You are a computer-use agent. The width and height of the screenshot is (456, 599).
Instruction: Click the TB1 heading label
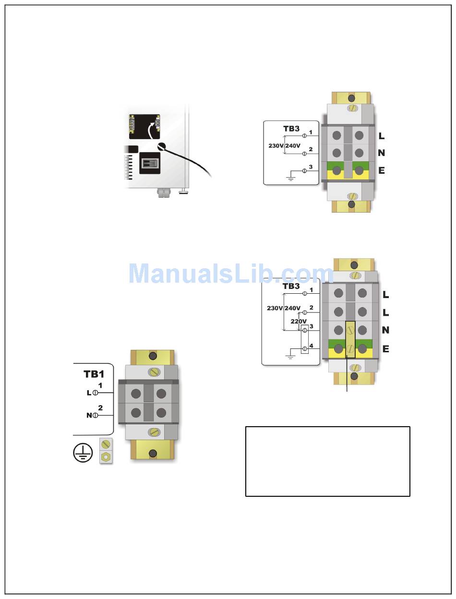[94, 374]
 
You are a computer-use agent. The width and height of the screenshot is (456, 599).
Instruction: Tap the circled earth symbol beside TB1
[83, 452]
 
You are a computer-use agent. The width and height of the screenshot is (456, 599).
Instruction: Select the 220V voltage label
[299, 321]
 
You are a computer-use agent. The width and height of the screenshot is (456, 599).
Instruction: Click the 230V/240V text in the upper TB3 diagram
[284, 146]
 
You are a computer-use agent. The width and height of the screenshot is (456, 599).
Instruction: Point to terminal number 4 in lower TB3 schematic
[312, 346]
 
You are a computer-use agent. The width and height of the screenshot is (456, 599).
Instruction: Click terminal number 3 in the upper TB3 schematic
[311, 167]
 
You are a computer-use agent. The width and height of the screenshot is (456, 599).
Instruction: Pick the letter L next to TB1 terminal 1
[89, 393]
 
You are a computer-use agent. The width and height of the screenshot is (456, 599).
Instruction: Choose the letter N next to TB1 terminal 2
[89, 415]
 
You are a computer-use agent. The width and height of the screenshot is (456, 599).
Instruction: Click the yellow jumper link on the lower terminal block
[350, 339]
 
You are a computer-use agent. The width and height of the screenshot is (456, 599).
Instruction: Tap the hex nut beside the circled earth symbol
[106, 457]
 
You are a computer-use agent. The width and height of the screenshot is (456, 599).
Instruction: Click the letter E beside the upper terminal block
[382, 170]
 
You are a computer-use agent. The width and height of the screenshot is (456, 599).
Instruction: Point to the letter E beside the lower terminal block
[385, 349]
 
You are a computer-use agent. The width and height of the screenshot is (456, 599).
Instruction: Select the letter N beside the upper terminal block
[382, 153]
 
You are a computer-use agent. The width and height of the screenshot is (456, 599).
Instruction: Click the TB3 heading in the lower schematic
[291, 287]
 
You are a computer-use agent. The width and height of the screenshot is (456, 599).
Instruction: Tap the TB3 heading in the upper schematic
[291, 129]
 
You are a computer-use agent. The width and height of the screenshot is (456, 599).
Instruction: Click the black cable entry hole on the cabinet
[161, 148]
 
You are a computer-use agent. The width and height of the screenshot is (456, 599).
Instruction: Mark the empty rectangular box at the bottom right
[327, 461]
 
